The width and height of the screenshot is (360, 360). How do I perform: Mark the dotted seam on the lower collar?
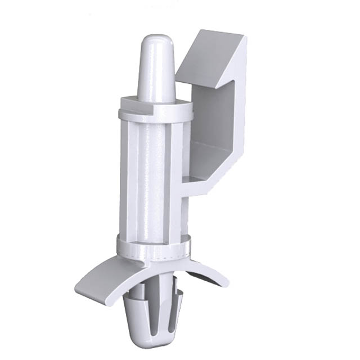[x=169, y=250]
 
